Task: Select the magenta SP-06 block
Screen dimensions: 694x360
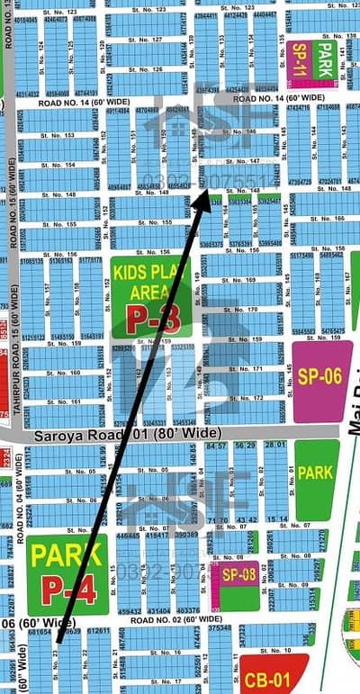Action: tap(321, 376)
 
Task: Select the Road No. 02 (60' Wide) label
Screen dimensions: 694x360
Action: tap(175, 620)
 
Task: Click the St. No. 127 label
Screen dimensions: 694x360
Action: tap(145, 40)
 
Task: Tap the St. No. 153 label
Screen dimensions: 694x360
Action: tap(61, 136)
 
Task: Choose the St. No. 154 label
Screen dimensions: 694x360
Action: tap(61, 165)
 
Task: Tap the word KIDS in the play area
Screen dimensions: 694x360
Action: tap(130, 267)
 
